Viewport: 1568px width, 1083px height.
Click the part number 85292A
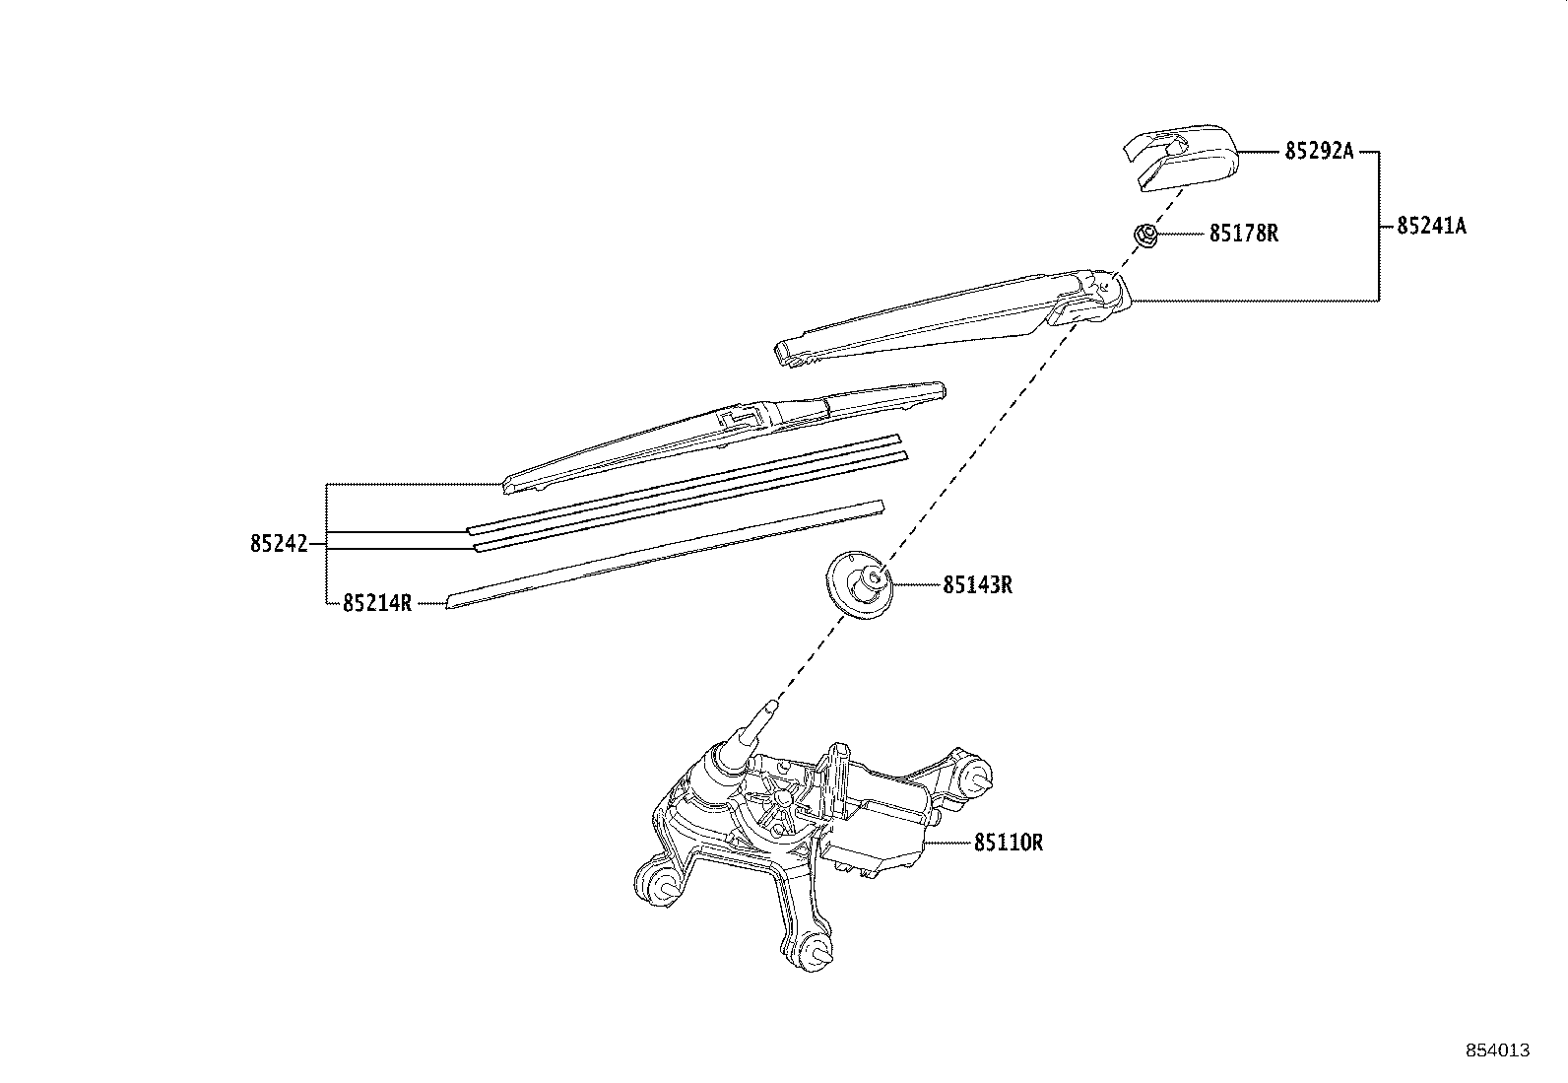(x=1319, y=151)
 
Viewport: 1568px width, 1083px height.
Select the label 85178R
(x=1244, y=234)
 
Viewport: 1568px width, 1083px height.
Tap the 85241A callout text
(x=1431, y=226)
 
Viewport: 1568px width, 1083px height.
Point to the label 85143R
(x=977, y=585)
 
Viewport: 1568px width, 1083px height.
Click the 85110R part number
(x=1008, y=843)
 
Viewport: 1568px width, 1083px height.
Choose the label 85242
(x=279, y=544)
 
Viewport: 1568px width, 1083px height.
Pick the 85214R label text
(x=377, y=603)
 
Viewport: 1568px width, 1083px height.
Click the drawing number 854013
(x=1498, y=1050)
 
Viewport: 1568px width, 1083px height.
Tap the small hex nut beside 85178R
(x=1144, y=235)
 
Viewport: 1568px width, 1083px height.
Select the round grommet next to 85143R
(x=860, y=584)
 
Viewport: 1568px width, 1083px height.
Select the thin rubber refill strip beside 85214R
(x=665, y=554)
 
